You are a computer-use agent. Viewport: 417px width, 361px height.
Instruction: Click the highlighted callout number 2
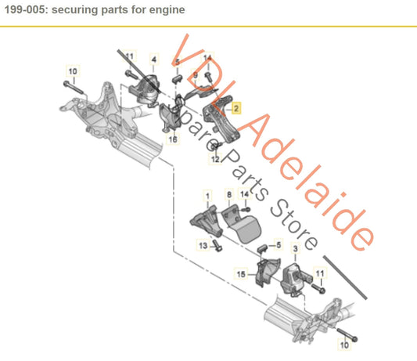[237, 111]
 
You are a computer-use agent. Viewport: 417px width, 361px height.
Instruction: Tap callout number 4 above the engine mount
[153, 60]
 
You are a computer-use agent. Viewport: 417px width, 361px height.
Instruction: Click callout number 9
[196, 75]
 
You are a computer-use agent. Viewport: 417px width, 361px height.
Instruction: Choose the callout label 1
[207, 193]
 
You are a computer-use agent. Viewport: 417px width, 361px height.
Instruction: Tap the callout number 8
[229, 193]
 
